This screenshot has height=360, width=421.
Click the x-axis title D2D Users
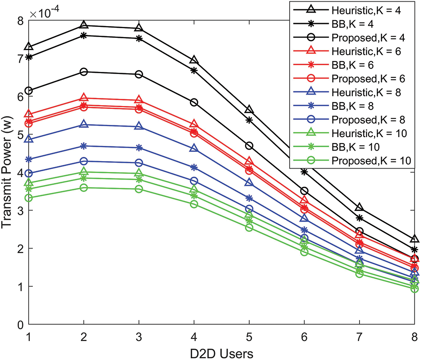pos(222,352)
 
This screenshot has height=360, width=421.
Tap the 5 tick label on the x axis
pos(249,337)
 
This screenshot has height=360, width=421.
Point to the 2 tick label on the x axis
pos(84,337)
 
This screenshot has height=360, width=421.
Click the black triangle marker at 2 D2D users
pos(84,25)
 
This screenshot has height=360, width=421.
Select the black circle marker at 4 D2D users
pos(194,102)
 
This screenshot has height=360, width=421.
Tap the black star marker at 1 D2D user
pos(29,57)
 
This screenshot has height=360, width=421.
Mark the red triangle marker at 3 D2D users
pos(139,101)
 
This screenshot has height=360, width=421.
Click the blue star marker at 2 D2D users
pos(84,146)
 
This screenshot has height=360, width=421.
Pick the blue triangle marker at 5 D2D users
pos(249,183)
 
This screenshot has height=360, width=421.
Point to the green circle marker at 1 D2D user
pos(29,198)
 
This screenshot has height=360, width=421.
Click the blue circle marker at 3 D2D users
pos(139,163)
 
